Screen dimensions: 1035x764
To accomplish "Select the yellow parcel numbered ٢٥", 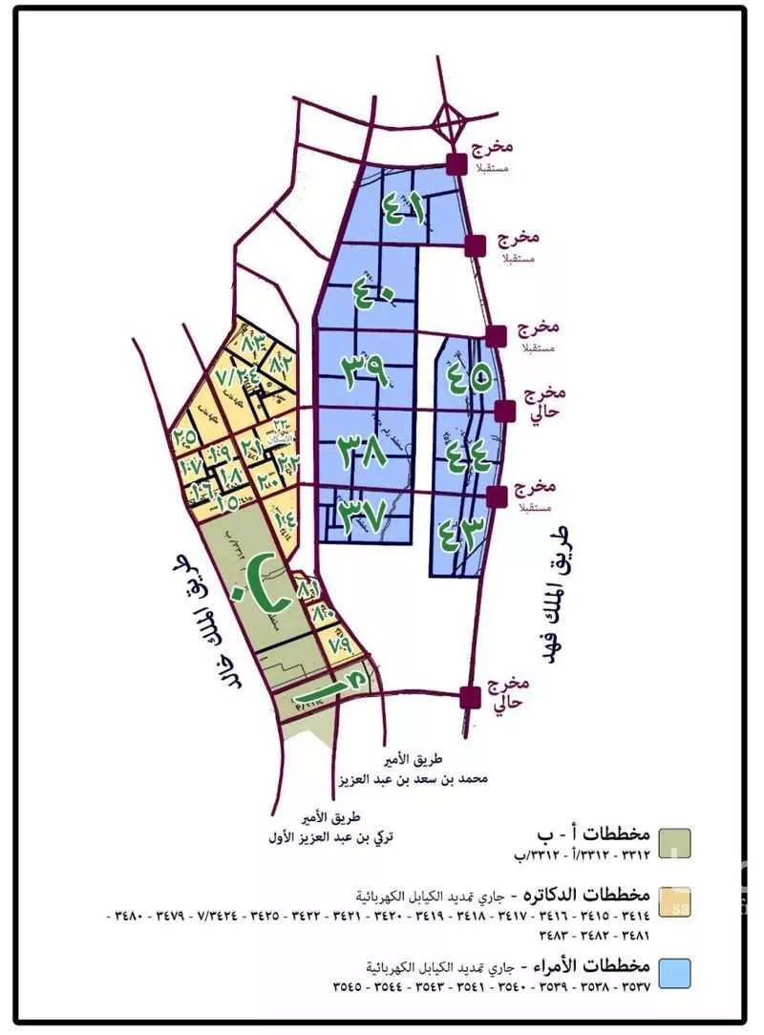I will click(x=185, y=437).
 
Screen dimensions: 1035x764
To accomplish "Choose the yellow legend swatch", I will click(x=675, y=899).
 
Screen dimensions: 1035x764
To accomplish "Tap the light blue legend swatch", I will click(x=675, y=975).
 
